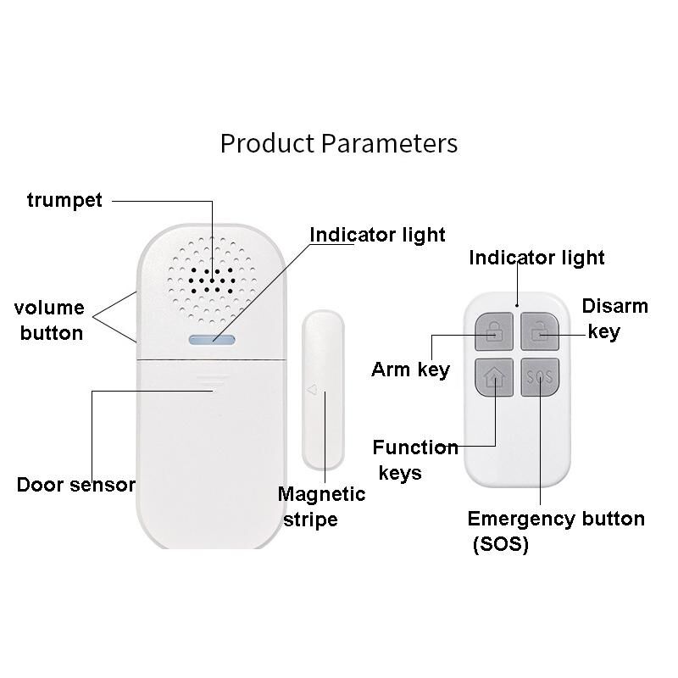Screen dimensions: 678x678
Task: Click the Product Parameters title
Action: (x=338, y=142)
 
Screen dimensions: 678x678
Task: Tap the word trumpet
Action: (x=64, y=200)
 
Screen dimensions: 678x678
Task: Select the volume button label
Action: (x=50, y=320)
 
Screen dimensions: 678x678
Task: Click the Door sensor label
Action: (x=76, y=485)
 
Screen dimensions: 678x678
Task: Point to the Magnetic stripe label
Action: (x=321, y=506)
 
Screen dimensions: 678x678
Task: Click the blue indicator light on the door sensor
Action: (x=212, y=339)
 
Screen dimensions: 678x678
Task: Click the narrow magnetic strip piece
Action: (x=323, y=390)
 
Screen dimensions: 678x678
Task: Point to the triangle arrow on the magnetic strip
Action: (x=311, y=391)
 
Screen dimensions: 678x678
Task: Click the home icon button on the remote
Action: (x=492, y=377)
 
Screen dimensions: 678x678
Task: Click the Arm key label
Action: (x=410, y=370)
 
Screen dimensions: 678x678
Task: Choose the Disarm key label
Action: (x=614, y=319)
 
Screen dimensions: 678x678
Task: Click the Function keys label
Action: (x=414, y=459)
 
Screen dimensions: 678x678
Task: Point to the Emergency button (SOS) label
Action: (x=555, y=531)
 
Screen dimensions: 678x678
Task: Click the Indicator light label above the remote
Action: (x=536, y=258)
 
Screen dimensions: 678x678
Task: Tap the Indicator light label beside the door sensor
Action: (x=376, y=235)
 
